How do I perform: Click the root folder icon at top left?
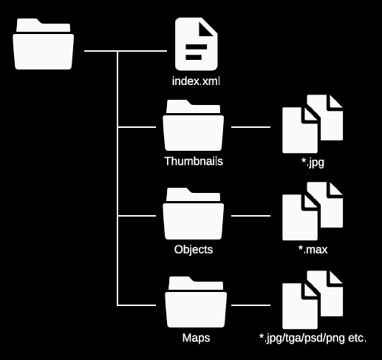click(x=44, y=46)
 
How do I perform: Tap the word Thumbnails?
click(x=193, y=160)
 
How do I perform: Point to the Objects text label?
click(x=193, y=249)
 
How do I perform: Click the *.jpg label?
click(x=313, y=160)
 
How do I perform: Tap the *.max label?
click(x=313, y=250)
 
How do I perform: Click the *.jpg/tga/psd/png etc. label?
click(x=313, y=339)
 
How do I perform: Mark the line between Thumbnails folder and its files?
click(x=251, y=127)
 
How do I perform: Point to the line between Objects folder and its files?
click(x=251, y=216)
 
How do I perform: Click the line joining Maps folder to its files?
click(x=251, y=305)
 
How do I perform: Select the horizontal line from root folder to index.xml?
click(x=126, y=51)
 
